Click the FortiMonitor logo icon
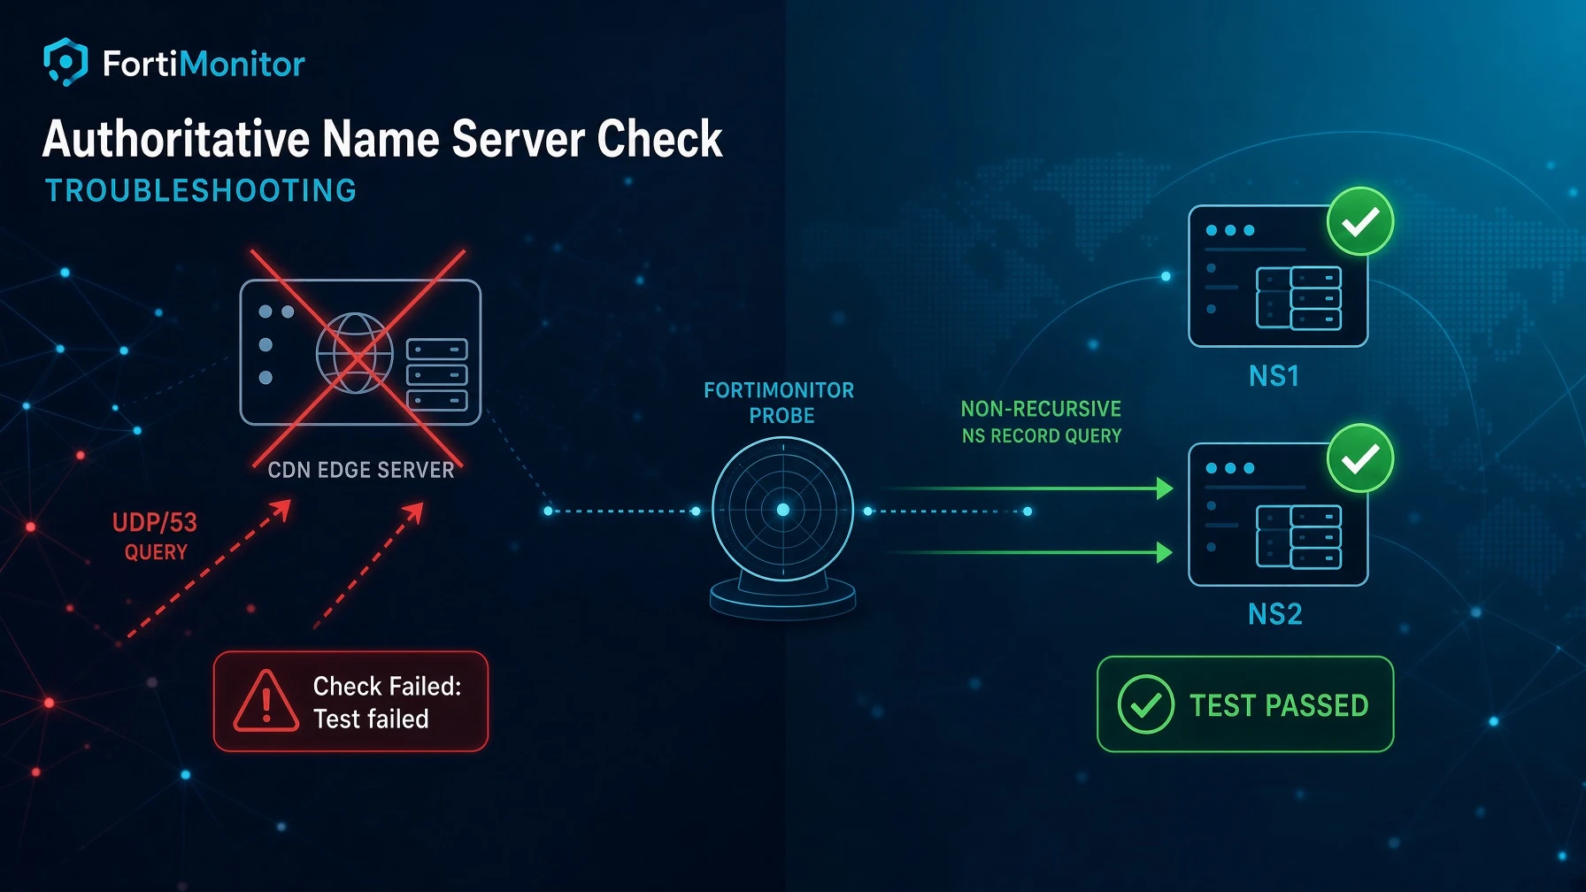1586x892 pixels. click(65, 62)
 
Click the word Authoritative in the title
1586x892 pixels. click(176, 139)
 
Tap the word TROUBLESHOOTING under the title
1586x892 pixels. click(201, 190)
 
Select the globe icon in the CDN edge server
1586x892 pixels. click(355, 353)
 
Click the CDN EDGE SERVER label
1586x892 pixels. click(361, 470)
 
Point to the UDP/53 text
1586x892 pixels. click(155, 522)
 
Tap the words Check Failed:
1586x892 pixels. click(388, 686)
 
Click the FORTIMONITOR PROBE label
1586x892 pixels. click(780, 403)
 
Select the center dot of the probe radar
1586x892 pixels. click(782, 510)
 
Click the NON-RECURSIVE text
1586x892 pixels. click(1041, 409)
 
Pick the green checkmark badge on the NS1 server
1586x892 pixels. click(1360, 221)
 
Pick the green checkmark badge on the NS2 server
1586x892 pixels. click(1360, 458)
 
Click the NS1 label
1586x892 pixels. click(1274, 377)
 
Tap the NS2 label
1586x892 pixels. click(1274, 614)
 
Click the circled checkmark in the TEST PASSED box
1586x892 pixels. click(1146, 704)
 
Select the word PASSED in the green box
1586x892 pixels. click(1317, 705)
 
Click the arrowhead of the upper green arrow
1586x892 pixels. click(1165, 488)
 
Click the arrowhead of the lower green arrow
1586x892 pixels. click(1165, 553)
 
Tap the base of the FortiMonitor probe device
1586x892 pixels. click(782, 598)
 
